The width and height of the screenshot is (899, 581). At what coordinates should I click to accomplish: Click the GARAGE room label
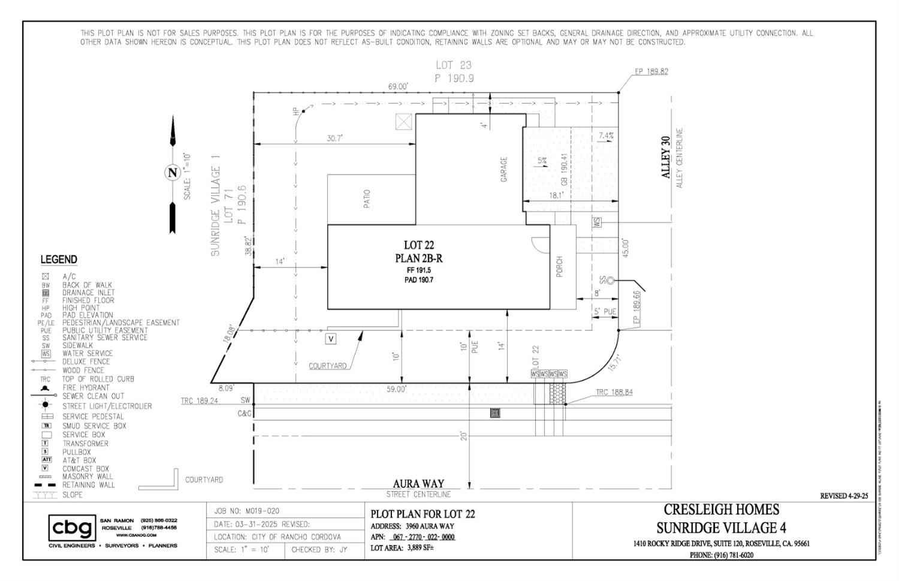(x=503, y=170)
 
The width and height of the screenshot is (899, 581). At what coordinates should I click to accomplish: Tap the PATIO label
(x=367, y=199)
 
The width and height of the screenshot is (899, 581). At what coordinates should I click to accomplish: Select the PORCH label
(x=560, y=267)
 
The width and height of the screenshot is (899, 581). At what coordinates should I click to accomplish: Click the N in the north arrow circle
(x=173, y=173)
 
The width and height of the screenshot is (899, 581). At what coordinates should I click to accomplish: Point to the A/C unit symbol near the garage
(x=404, y=122)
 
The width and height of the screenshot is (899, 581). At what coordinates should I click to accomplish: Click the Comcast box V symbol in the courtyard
(x=330, y=339)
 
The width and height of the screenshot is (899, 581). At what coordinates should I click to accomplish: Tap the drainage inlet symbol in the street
(x=495, y=413)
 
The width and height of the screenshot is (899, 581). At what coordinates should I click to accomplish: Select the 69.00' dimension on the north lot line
(x=398, y=86)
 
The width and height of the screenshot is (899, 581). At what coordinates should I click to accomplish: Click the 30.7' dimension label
(x=334, y=138)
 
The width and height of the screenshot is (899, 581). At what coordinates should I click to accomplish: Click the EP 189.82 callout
(x=651, y=71)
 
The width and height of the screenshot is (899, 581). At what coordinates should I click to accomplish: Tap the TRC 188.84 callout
(x=614, y=392)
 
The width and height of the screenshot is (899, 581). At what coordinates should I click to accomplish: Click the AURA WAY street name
(x=418, y=483)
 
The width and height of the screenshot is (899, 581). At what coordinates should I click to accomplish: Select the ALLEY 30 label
(x=665, y=157)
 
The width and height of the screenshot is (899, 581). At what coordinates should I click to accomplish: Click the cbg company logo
(x=72, y=528)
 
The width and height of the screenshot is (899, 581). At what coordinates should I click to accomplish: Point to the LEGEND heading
(x=59, y=260)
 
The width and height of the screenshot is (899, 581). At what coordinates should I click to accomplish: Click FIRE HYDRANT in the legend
(x=86, y=387)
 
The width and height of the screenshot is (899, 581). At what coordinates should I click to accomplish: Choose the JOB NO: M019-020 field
(x=246, y=511)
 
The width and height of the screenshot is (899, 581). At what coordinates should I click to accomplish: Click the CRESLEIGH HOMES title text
(x=721, y=509)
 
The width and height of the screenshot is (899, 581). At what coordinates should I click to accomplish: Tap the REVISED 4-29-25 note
(x=843, y=496)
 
